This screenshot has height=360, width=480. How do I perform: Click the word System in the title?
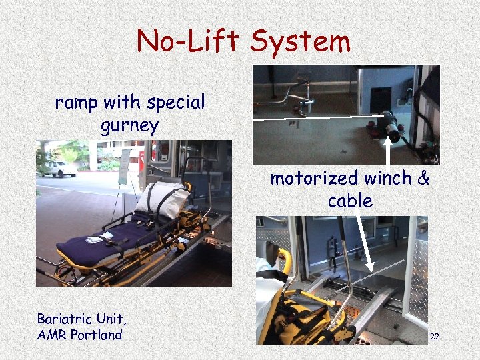coord(300,42)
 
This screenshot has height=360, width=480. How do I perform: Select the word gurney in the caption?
coord(129,125)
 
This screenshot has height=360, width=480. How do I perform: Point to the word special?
coord(177,103)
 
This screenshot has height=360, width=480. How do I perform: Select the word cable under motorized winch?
coord(350,201)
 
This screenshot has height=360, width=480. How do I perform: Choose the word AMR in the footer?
coord(51,335)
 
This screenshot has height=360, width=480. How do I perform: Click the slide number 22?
coord(434,337)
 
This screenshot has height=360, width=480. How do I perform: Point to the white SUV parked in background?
coord(60,169)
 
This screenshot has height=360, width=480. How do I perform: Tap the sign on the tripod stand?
coord(125,167)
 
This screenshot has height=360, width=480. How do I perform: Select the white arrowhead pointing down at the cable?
coord(370,269)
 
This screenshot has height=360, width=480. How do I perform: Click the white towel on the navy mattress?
coord(94,239)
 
